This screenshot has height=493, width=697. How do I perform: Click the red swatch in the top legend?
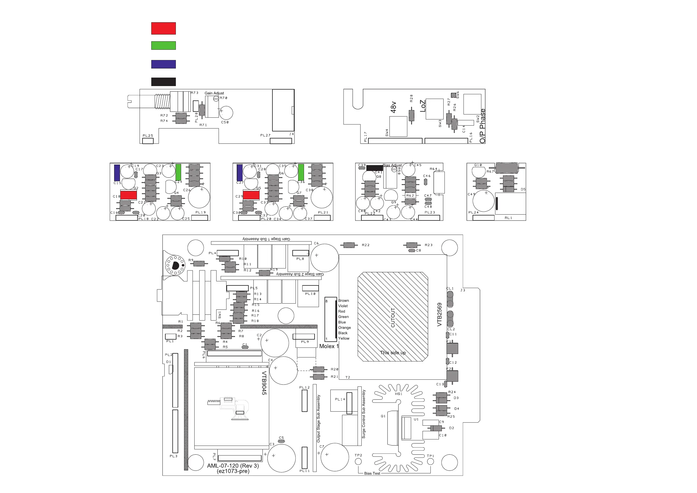(x=163, y=28)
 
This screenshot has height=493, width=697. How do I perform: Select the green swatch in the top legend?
(x=163, y=46)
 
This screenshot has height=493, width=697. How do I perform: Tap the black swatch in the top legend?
(x=163, y=82)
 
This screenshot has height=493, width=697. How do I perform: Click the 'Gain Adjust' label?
(x=214, y=93)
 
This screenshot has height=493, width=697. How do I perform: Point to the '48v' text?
(x=394, y=107)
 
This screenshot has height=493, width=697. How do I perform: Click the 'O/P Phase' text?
(x=483, y=126)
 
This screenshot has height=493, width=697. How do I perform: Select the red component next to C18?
(x=128, y=195)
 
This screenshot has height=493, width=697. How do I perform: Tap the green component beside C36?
(x=301, y=172)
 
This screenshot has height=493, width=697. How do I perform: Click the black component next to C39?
(x=375, y=168)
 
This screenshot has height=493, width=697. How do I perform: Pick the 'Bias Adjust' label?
(x=392, y=165)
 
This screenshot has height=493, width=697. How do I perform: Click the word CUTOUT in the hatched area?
(x=393, y=317)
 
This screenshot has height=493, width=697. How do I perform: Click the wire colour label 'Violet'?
(x=343, y=306)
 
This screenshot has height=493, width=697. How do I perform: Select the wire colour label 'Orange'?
(x=344, y=328)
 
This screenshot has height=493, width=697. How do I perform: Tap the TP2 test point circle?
(x=358, y=461)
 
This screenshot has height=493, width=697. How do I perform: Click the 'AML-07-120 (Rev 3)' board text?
(x=233, y=466)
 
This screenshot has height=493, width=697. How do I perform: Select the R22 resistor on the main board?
(x=349, y=245)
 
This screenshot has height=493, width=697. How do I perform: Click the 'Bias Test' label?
(x=372, y=473)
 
